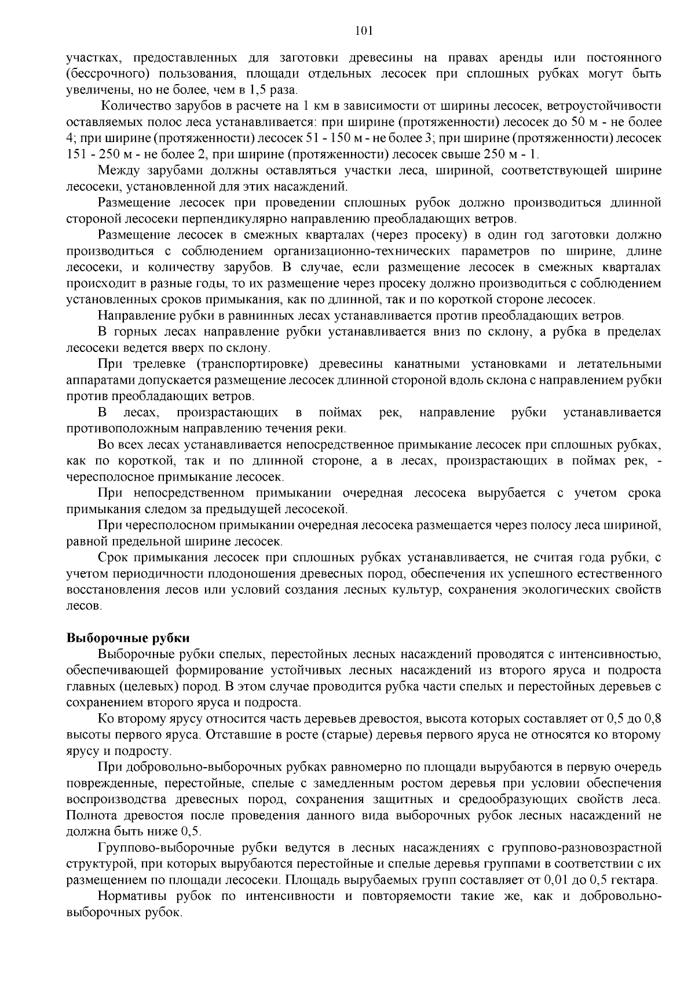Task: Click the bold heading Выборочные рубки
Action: pyautogui.click(x=128, y=638)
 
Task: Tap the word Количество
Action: pyautogui.click(x=135, y=106)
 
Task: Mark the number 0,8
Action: pyautogui.click(x=652, y=719)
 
